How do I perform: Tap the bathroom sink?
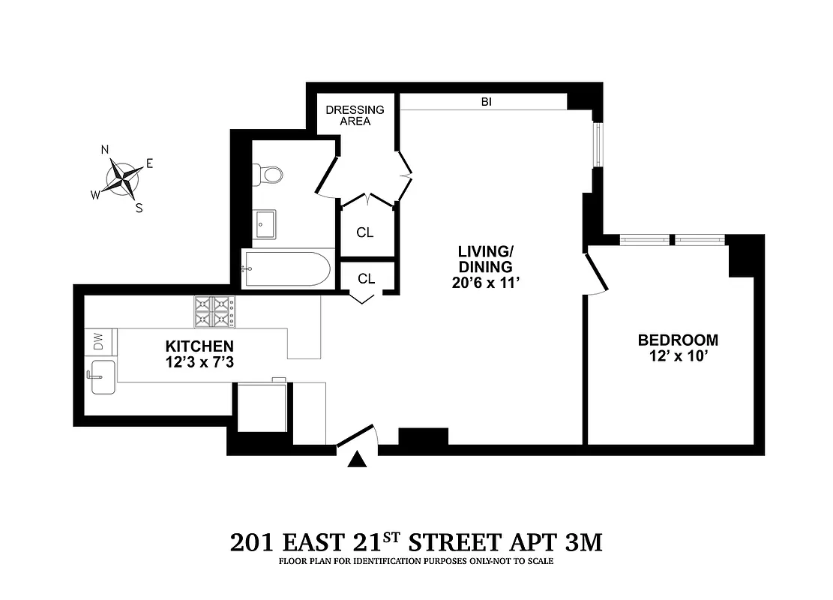[265, 223]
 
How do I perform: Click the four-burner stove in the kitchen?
[214, 312]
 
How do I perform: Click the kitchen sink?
[100, 376]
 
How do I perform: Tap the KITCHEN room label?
[199, 346]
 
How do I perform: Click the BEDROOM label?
[678, 340]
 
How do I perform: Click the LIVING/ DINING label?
[486, 258]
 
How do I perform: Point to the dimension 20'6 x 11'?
[486, 283]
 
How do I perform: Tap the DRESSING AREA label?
[355, 115]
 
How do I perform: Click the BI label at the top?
[487, 101]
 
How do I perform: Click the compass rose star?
[124, 180]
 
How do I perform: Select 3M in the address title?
[582, 542]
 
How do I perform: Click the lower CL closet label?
[366, 279]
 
